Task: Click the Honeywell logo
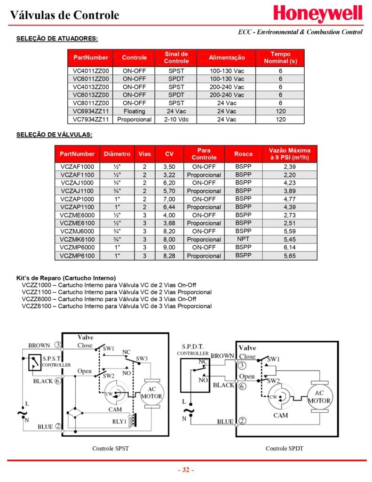coord(318,14)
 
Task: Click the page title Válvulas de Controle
coord(65,15)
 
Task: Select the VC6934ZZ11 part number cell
coord(91,111)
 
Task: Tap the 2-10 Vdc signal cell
coord(176,120)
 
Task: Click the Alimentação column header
coord(227,57)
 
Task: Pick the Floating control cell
coord(134,111)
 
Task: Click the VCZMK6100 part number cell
coord(77,240)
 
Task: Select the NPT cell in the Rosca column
coord(243,240)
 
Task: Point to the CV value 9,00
coord(169,248)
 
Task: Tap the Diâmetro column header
coord(117,154)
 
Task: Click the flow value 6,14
coord(290,248)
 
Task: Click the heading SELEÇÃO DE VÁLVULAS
coord(54,135)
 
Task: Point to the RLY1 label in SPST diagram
coord(119,421)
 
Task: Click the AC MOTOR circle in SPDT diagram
coord(319,397)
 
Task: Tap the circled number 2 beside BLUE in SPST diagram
coord(58,426)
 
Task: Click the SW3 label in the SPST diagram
coord(142,359)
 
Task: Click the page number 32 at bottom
coord(186,470)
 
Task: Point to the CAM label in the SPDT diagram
coord(281,415)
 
